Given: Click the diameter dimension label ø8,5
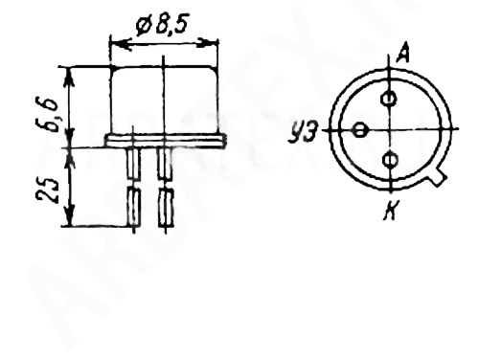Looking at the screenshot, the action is [161, 25].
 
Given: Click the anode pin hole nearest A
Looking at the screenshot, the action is [389, 99].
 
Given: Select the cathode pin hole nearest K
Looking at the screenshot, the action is [390, 160].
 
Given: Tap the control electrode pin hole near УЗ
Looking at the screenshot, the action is [360, 130].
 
